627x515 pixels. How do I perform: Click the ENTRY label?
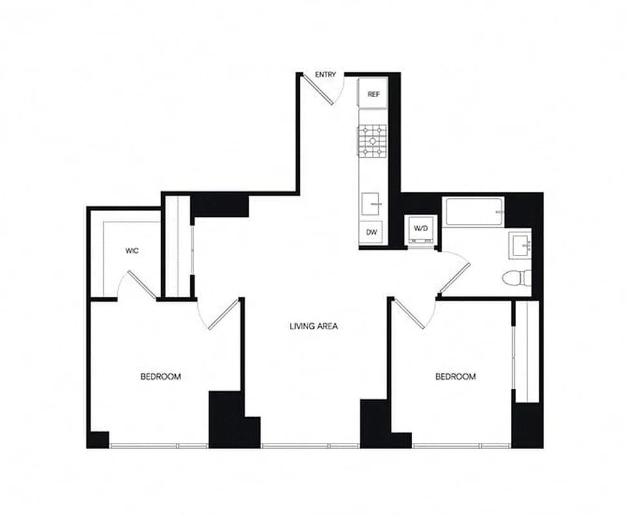[x=325, y=75]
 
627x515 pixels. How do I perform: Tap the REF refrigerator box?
[x=373, y=94]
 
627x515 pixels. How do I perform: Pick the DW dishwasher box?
[x=372, y=232]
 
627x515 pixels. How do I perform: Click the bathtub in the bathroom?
[x=474, y=211]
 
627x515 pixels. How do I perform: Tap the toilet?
[x=517, y=278]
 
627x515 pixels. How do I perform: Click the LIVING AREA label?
[x=314, y=326]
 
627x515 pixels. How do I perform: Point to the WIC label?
[x=133, y=251]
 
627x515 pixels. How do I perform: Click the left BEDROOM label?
[x=160, y=377]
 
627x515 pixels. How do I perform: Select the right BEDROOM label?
[x=456, y=377]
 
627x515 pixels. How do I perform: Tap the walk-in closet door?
[x=142, y=285]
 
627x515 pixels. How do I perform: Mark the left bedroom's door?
[x=223, y=315]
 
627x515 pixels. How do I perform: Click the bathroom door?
[x=455, y=275]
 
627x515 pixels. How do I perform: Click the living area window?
[x=311, y=445]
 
